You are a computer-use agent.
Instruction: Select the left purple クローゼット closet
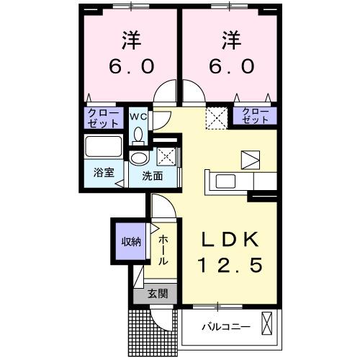[x=103, y=117]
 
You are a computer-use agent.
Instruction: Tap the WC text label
[x=139, y=116]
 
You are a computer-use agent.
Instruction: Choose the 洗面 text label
[x=151, y=174]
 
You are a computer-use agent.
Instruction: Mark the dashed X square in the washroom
[x=166, y=156]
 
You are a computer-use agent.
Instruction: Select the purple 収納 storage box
[x=130, y=242]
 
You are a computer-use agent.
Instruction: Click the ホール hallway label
[x=163, y=249]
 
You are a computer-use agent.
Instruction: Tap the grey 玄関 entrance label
[x=158, y=293]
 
